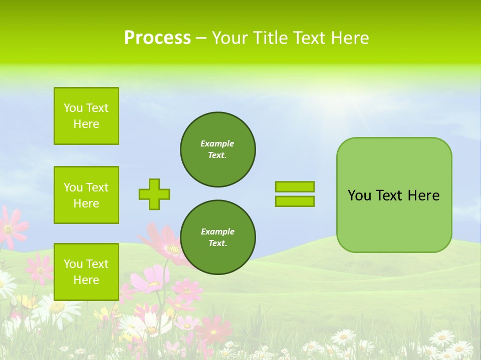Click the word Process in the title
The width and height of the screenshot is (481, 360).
click(x=157, y=38)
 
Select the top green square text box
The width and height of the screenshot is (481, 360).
click(x=86, y=116)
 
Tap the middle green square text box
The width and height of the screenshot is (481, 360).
click(x=86, y=195)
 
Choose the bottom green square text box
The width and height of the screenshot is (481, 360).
click(x=86, y=272)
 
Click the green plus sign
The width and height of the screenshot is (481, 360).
click(x=154, y=194)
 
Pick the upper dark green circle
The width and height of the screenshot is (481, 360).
click(x=218, y=149)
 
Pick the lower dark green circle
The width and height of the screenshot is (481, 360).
click(x=218, y=237)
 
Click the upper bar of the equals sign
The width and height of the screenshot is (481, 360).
click(x=295, y=186)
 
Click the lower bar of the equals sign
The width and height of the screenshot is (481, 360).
click(x=295, y=201)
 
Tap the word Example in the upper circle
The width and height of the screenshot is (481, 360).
click(x=217, y=143)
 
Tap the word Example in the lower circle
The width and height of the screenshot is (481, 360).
click(x=217, y=231)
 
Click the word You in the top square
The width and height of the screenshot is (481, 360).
click(x=73, y=108)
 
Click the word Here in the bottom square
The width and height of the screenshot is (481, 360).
click(x=86, y=280)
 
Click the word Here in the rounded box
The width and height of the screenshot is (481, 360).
click(x=423, y=195)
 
